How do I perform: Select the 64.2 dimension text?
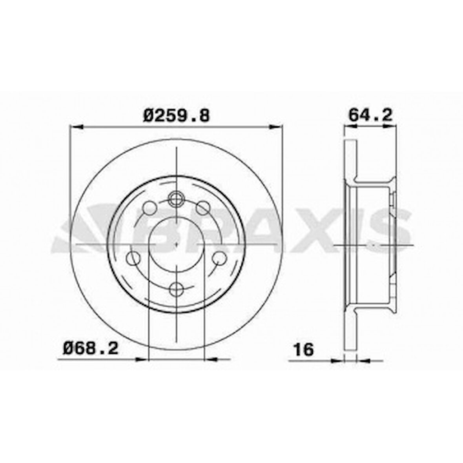[370, 115]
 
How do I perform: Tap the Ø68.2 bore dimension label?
[91, 348]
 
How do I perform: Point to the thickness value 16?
[304, 350]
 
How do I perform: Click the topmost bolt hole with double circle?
[176, 198]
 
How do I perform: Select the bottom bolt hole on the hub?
[176, 289]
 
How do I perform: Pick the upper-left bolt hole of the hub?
[149, 208]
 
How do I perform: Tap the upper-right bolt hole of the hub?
[204, 208]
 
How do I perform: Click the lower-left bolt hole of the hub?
[133, 258]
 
